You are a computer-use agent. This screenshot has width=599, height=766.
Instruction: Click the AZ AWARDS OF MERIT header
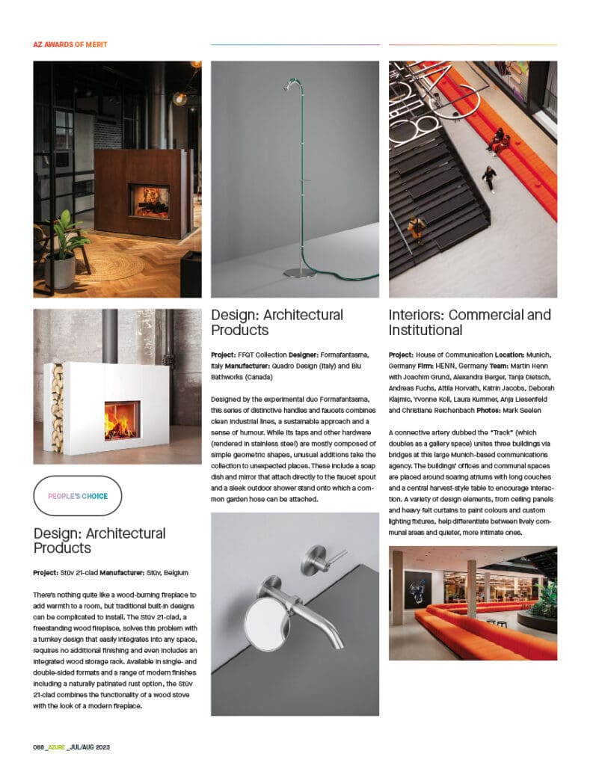click(x=70, y=45)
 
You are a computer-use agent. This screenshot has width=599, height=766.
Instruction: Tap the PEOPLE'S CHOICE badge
click(x=78, y=496)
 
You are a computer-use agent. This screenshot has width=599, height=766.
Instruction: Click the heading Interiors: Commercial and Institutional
click(x=470, y=322)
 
